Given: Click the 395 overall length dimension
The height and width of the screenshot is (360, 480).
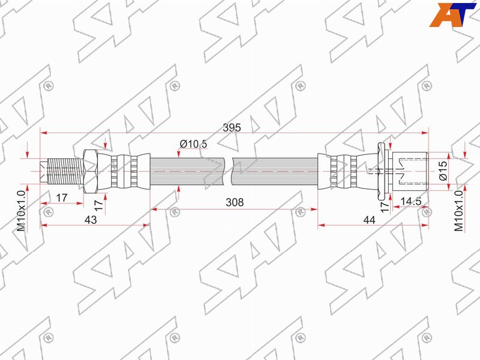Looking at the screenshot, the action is pos(232,127).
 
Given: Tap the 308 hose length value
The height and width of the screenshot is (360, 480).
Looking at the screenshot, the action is pos(235,202).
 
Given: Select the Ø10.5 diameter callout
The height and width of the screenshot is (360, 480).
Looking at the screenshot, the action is pos(193,143).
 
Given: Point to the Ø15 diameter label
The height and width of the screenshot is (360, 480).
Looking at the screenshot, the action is pos(443,170).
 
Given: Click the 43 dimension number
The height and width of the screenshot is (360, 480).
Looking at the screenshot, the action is pos(91,220).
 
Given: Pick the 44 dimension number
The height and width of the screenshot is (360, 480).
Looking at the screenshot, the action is pos(369,220).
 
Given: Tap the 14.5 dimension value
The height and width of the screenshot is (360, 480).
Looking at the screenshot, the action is pos(411,201).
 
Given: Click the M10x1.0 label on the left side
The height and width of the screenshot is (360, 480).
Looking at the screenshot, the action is pos(21,211).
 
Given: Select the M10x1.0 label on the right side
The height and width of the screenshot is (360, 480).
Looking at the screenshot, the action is pos(458,211).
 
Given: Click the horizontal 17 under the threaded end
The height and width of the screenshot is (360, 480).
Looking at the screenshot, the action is pos(62,197).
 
